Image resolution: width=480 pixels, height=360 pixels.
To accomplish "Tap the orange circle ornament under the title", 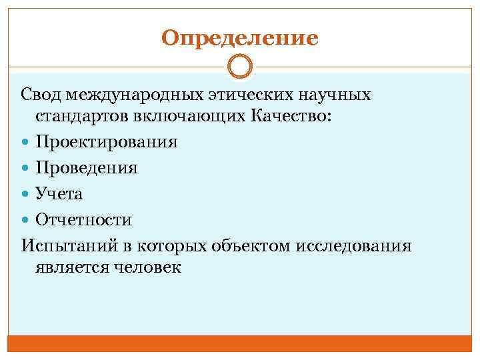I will (240, 67).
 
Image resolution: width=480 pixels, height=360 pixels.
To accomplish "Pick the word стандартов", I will (81, 117).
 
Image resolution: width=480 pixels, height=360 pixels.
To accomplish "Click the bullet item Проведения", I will (87, 168).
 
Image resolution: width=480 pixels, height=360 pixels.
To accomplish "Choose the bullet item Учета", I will (59, 193).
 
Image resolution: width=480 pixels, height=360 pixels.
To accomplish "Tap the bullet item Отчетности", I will (84, 219).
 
